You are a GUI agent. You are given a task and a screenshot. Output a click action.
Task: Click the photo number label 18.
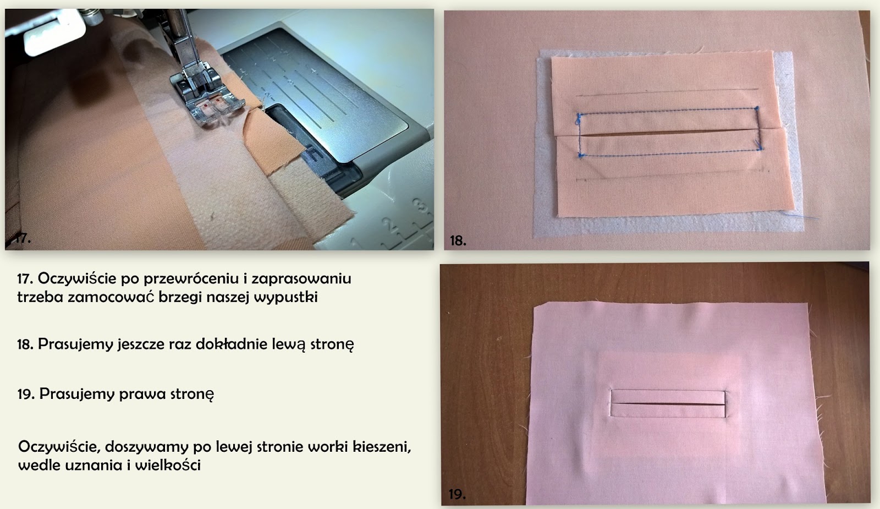pos(458,240)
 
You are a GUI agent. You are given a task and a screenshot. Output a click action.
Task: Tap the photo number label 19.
pos(457,494)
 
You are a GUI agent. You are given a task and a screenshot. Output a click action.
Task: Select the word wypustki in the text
pos(285,297)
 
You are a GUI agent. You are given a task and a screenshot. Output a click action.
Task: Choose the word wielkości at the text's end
pos(168,466)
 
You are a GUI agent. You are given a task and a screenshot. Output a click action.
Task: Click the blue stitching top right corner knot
pos(757,108)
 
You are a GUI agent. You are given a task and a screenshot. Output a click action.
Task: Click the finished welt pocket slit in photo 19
pos(668,404)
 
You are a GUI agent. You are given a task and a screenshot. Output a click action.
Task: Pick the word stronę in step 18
pos(332,344)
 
